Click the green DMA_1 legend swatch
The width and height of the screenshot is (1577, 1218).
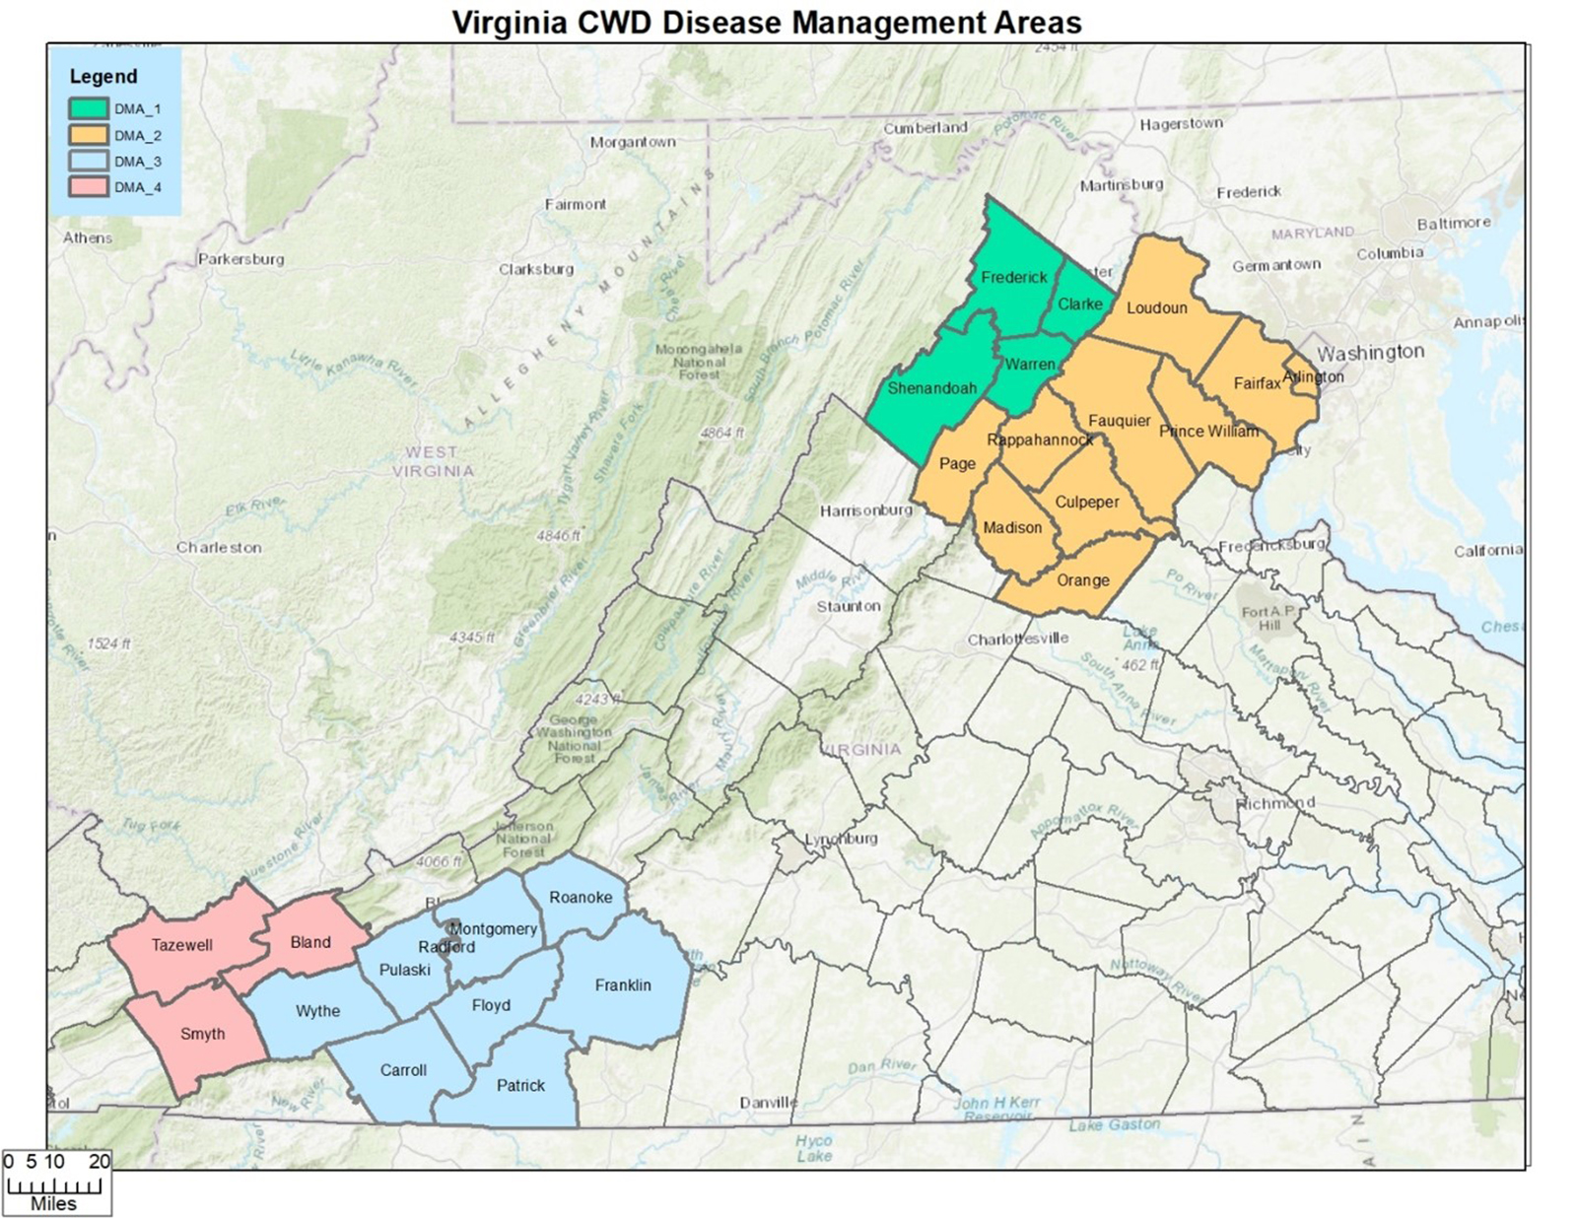(88, 108)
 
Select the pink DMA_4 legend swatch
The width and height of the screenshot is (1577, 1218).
(88, 186)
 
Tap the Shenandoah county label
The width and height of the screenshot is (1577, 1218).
(931, 388)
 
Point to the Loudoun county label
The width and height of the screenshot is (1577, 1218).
(1156, 307)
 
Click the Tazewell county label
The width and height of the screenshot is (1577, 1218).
(181, 945)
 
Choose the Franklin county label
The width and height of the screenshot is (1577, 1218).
(623, 985)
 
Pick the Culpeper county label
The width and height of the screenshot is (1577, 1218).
(1087, 502)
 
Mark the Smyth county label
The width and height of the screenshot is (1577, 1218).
(202, 1034)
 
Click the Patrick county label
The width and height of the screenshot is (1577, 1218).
(520, 1085)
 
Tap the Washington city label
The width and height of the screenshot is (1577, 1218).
(1370, 353)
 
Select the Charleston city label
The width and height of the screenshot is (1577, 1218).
(219, 547)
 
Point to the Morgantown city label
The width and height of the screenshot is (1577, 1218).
(633, 142)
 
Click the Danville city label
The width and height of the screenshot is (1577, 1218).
(768, 1102)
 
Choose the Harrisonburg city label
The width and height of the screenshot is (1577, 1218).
(866, 510)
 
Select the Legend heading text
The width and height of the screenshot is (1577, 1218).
(103, 76)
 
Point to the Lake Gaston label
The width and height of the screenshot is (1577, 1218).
(1114, 1124)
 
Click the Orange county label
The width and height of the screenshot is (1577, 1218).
(1082, 580)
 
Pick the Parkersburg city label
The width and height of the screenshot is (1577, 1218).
(241, 259)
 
